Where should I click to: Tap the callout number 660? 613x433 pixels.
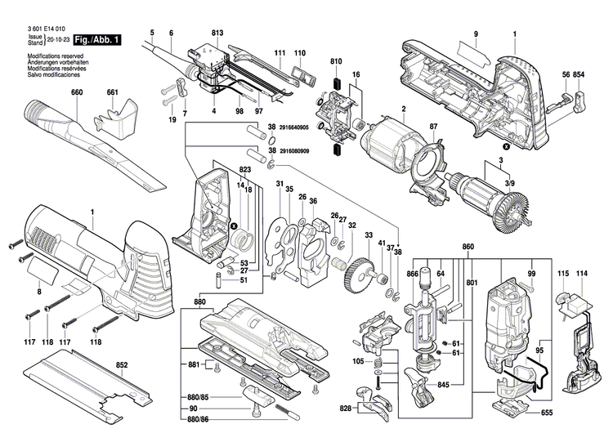coord(77,92)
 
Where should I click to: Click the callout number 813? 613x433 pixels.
coord(217,33)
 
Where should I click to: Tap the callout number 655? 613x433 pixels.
coord(547,413)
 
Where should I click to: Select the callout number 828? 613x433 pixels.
coord(346,406)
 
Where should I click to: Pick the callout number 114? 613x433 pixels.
coord(582,273)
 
